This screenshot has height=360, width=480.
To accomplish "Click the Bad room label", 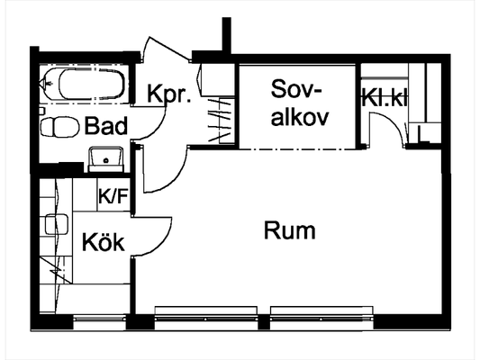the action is tap(106, 126).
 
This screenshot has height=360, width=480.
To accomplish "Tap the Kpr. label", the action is tap(169, 94).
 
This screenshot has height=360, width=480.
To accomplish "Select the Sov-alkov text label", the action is tap(300, 103).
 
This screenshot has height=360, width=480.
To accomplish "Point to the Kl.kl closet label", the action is tap(385, 97).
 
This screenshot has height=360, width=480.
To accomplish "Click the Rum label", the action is tap(290, 230).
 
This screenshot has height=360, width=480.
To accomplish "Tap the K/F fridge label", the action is tap(113, 196).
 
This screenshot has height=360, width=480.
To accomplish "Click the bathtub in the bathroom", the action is tap(83, 84).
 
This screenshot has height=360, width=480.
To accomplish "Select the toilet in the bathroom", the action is tap(59, 127).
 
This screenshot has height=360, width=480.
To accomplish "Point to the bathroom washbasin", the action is tap(105, 158).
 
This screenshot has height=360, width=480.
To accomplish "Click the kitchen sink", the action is tap(57, 224).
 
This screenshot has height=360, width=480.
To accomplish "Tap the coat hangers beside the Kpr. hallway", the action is tap(220, 121).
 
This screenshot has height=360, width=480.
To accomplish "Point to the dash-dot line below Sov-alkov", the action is tap(297, 149).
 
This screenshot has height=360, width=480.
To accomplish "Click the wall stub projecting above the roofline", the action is tap(227, 35).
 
